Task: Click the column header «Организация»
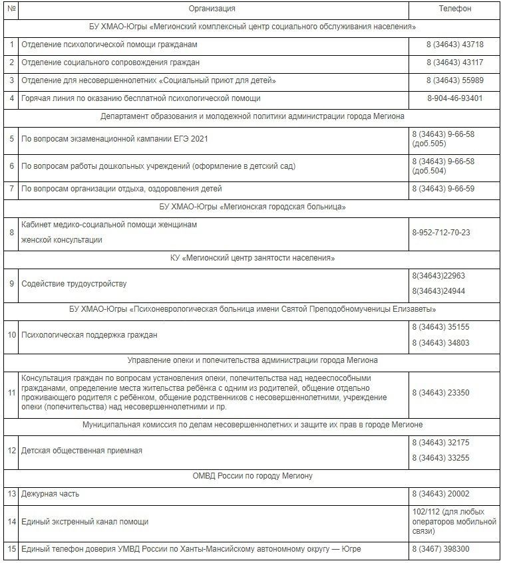click(212, 9)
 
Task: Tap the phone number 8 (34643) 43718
click(455, 45)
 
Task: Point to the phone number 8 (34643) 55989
click(455, 80)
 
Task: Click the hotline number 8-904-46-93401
click(455, 98)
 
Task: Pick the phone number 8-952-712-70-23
click(441, 232)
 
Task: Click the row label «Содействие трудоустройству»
click(74, 284)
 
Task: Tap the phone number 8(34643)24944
click(438, 291)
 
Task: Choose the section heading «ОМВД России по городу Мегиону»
click(252, 476)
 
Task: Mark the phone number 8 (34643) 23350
click(440, 393)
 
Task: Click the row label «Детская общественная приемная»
click(82, 451)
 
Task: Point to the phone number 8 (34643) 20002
click(440, 494)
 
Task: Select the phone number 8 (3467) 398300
click(440, 548)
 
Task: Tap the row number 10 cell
click(11, 335)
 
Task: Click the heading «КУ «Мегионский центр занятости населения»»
click(252, 258)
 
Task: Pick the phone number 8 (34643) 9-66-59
click(443, 189)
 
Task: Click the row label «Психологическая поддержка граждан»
click(89, 335)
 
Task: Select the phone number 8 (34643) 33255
click(440, 458)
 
